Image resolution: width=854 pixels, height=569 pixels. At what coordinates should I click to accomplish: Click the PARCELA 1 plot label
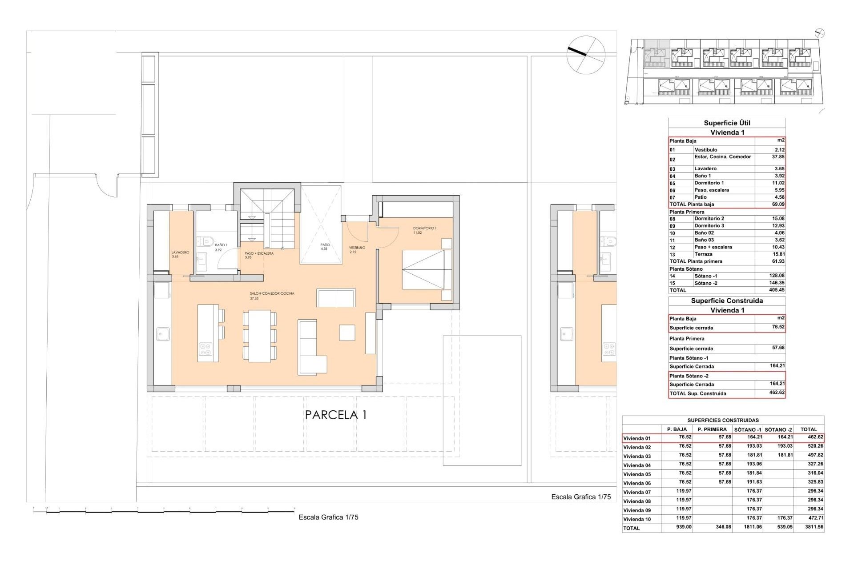pos(336,415)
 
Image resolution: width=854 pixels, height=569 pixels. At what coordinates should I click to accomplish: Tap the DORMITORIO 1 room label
pos(425,228)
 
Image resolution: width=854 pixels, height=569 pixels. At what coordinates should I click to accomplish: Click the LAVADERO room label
pos(180,252)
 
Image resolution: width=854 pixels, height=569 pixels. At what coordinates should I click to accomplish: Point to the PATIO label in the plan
pos(325,245)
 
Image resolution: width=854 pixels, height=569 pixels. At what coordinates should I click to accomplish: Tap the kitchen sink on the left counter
pos(163,334)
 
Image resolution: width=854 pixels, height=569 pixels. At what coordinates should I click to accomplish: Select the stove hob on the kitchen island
pos(205,349)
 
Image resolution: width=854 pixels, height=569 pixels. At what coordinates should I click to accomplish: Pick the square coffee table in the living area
pos(347,333)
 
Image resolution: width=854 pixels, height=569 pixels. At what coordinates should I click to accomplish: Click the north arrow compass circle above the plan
pos(586,55)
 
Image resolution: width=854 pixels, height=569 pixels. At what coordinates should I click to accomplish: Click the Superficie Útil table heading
pos(727,123)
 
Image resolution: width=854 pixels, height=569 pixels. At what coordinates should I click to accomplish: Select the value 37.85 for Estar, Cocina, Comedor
pos(778,157)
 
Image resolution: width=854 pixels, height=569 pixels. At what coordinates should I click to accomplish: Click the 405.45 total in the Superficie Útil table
pos(777,290)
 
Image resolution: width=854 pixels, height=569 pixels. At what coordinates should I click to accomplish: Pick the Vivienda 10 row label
pos(637,519)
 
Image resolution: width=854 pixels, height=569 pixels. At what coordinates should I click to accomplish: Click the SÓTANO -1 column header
pos(747,429)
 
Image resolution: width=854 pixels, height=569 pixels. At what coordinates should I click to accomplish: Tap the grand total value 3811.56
pos(814,527)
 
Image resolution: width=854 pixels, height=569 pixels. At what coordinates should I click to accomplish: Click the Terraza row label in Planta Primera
pos(703,254)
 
